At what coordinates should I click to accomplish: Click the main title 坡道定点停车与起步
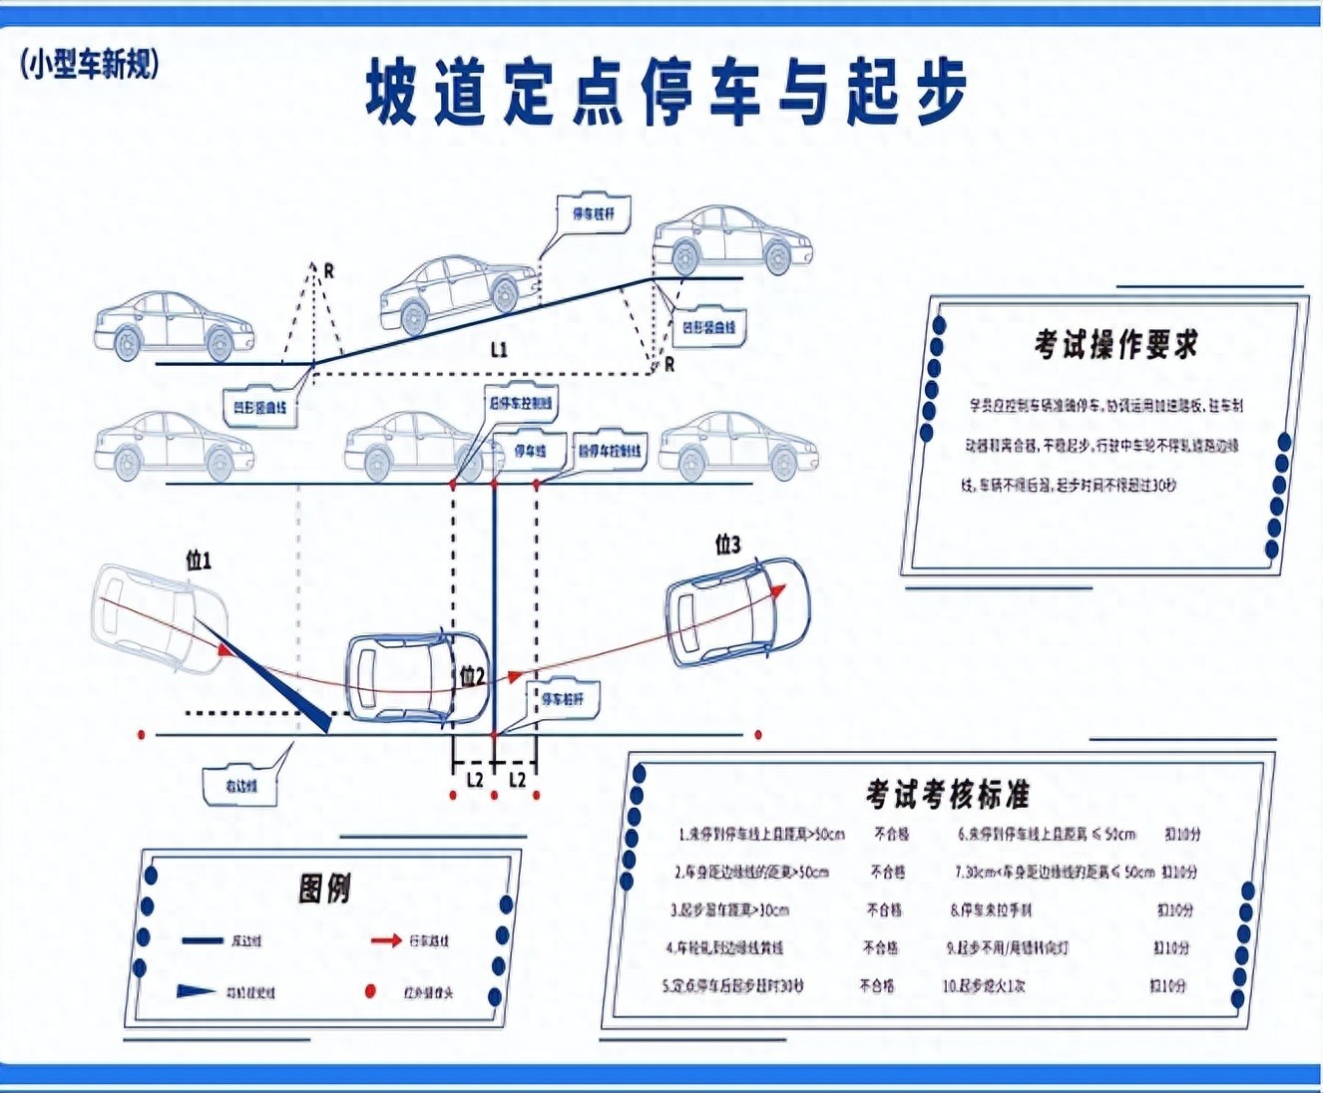(x=665, y=92)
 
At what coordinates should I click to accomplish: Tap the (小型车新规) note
(x=90, y=65)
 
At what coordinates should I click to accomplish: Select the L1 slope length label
(x=499, y=349)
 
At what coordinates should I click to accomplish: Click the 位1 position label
(x=199, y=560)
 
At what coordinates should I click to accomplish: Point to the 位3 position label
(x=728, y=545)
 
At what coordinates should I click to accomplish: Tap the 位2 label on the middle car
(x=472, y=678)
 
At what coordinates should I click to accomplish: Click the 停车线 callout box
(x=530, y=451)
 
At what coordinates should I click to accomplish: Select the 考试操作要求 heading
(x=1115, y=345)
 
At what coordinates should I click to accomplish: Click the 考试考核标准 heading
(x=947, y=795)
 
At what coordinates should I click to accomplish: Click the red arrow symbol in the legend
(x=385, y=940)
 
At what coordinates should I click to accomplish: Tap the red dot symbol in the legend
(x=370, y=991)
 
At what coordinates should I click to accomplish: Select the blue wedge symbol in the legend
(x=196, y=991)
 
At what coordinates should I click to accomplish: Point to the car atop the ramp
(x=731, y=239)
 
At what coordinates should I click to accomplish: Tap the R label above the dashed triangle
(x=328, y=270)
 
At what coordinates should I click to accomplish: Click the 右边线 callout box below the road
(x=240, y=786)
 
